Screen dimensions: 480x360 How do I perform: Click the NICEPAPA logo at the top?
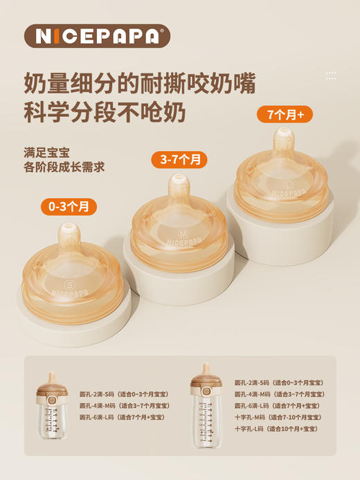[x=96, y=36]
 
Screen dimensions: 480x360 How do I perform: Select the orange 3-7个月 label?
[x=179, y=160]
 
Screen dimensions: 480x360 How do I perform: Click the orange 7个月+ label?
[x=285, y=114]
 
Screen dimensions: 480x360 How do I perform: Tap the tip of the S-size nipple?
[x=69, y=230]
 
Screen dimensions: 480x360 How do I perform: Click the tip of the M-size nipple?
[x=179, y=181]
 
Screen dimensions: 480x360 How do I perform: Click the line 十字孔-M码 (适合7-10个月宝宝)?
[x=277, y=418]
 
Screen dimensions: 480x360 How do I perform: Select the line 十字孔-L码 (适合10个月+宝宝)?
[x=277, y=429]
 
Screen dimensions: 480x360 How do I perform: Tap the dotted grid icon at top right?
[x=331, y=75]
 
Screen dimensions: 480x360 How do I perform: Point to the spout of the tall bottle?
[x=206, y=368]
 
